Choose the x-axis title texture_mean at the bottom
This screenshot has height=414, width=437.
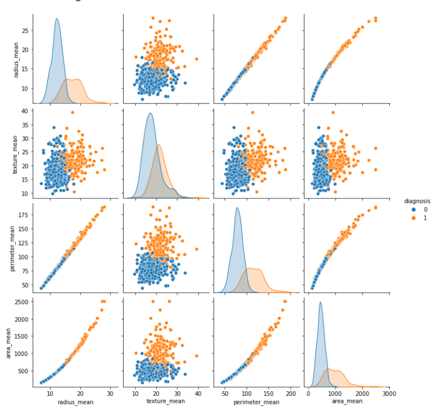tap(166, 402)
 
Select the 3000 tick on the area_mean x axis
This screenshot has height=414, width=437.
tap(389, 394)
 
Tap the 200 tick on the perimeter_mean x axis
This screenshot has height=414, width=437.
tap(291, 394)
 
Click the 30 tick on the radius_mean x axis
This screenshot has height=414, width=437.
tap(110, 394)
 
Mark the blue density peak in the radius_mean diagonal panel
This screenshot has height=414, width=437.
tap(57, 19)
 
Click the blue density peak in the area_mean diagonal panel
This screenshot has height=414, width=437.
tap(320, 302)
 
